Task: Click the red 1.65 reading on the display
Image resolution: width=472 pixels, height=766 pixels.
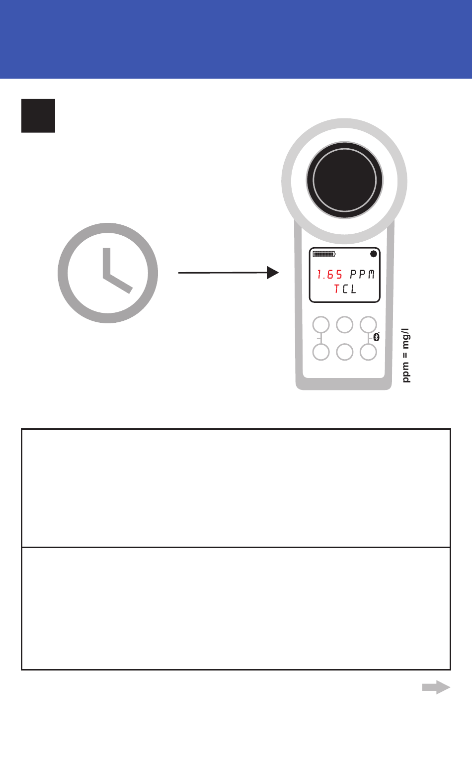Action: [330, 275]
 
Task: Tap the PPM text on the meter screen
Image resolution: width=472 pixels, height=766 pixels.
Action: [362, 275]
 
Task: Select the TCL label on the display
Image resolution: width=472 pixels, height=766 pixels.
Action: [345, 289]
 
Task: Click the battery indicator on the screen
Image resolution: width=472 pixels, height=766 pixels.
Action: [324, 254]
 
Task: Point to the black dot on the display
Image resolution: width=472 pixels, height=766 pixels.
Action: [374, 254]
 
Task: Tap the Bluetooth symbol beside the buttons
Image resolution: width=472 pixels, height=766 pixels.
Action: [376, 338]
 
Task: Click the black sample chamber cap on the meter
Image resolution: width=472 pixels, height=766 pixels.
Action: [344, 180]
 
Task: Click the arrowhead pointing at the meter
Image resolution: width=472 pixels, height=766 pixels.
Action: [272, 273]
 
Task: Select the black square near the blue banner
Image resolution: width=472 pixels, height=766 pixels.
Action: [38, 116]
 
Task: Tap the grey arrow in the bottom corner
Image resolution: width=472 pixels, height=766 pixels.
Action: [436, 687]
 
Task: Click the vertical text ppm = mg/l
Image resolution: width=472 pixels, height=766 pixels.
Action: [406, 355]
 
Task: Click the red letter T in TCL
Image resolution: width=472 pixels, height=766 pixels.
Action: [337, 289]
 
